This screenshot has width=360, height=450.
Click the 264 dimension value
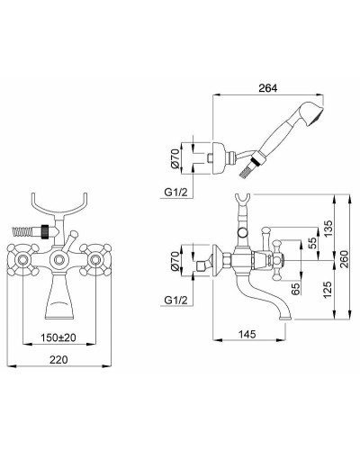[268, 88]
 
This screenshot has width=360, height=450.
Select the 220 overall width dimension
[58, 359]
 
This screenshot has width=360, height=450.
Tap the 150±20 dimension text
[58, 337]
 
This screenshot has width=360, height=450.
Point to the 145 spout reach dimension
[247, 334]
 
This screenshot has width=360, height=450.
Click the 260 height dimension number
[344, 259]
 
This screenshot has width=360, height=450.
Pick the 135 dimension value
[328, 229]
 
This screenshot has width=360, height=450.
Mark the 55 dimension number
[312, 243]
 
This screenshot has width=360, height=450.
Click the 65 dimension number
[296, 289]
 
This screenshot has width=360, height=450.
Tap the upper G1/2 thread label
[175, 193]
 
